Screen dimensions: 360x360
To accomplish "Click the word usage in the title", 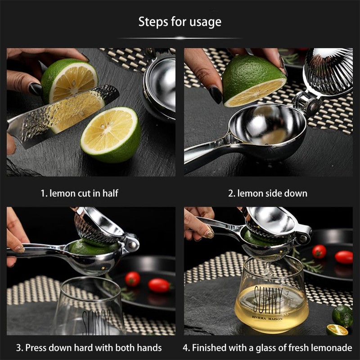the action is point(206,22).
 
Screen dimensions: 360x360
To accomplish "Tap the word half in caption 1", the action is point(110,193).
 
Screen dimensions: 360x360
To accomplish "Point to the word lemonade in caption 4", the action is point(332,347).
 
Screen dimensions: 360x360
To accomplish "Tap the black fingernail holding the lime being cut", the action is point(35,89).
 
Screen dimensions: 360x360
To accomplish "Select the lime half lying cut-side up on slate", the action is point(110,135).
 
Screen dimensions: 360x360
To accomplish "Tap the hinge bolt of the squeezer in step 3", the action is point(132,245).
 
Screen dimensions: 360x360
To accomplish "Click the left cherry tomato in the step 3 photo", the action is point(132,279).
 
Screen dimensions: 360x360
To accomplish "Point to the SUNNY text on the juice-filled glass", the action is point(268,300).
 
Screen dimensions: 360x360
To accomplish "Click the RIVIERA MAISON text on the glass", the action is point(267,318).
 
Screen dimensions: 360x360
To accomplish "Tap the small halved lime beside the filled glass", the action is point(337,329).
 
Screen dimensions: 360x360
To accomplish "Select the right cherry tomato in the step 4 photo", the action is point(344,257).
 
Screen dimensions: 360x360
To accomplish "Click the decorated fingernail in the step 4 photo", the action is point(209,234).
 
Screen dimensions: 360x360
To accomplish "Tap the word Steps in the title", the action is point(153,22).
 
